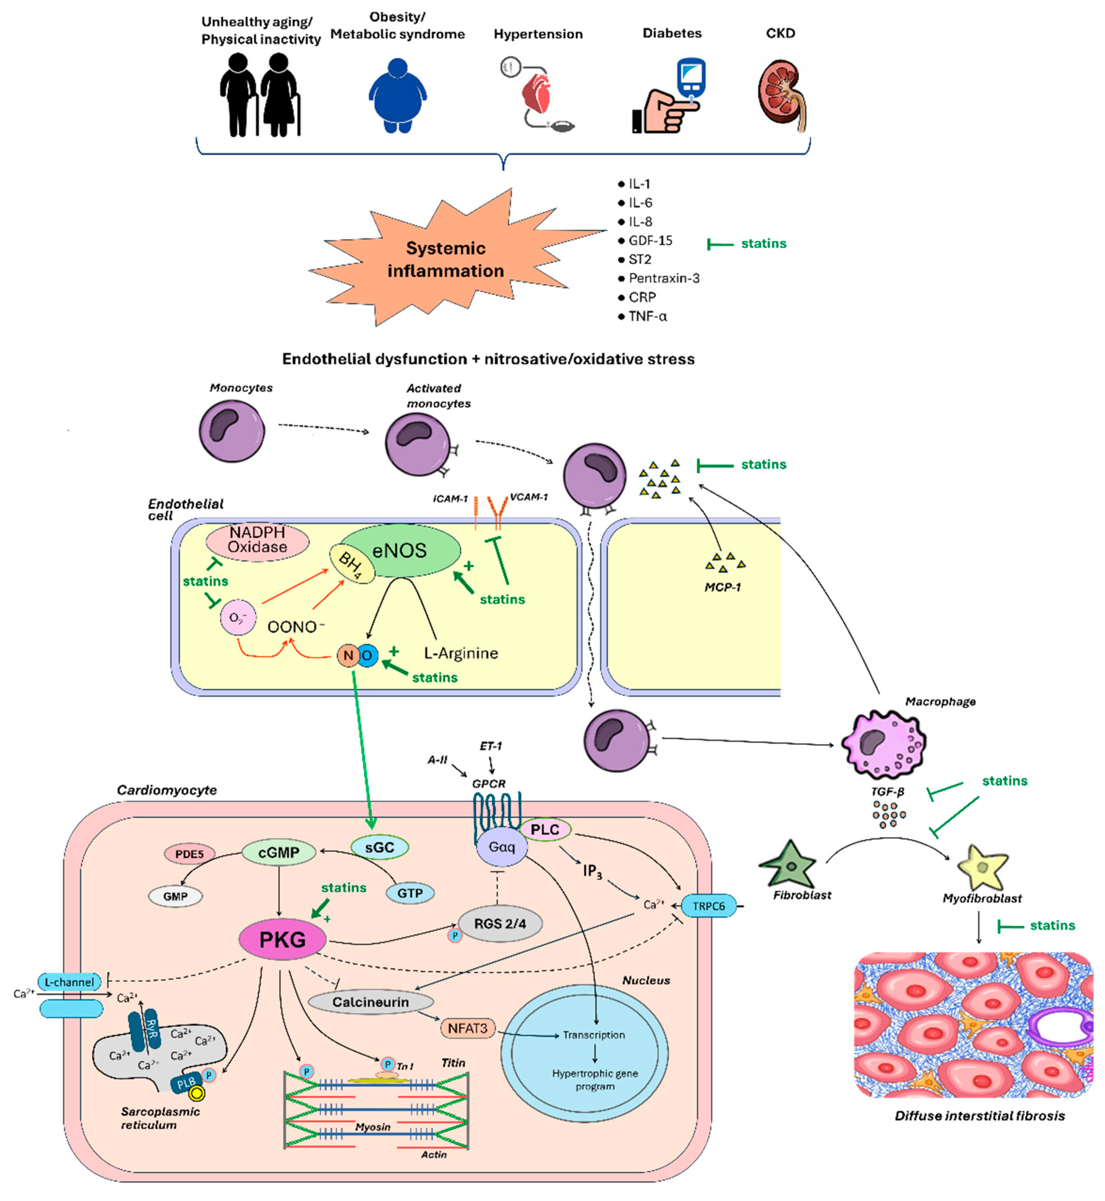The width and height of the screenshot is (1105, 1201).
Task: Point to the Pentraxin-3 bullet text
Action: [x=665, y=279]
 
